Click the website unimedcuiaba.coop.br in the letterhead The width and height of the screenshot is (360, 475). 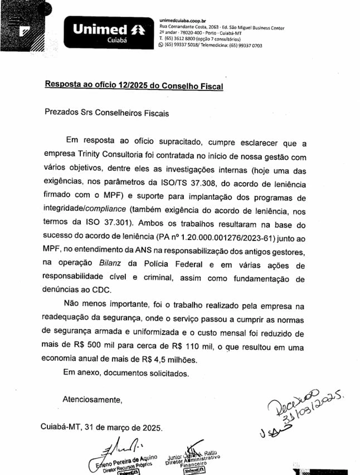point(182,20)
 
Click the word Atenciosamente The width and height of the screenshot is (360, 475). point(93,400)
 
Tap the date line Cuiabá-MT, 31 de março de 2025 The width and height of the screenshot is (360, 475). point(102,428)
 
